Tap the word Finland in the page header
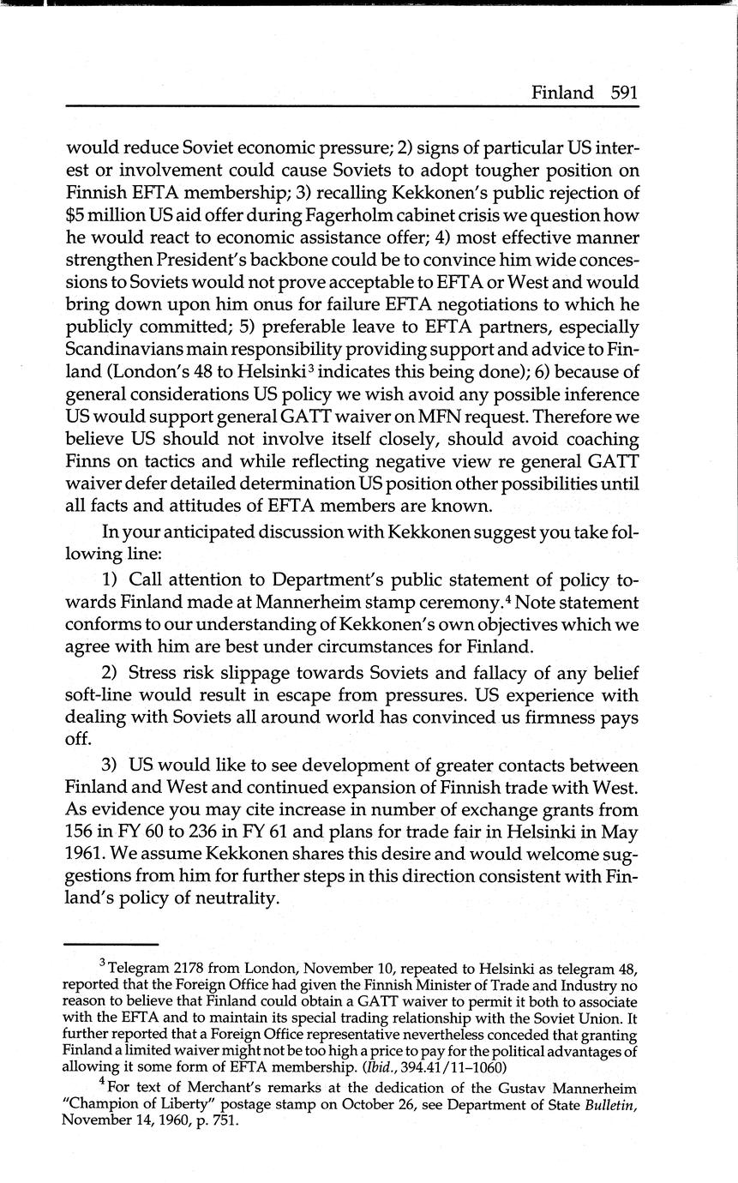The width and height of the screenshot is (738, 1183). pos(562,93)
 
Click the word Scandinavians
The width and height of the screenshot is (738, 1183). pos(127,351)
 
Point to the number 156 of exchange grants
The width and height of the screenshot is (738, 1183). pos(84,831)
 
